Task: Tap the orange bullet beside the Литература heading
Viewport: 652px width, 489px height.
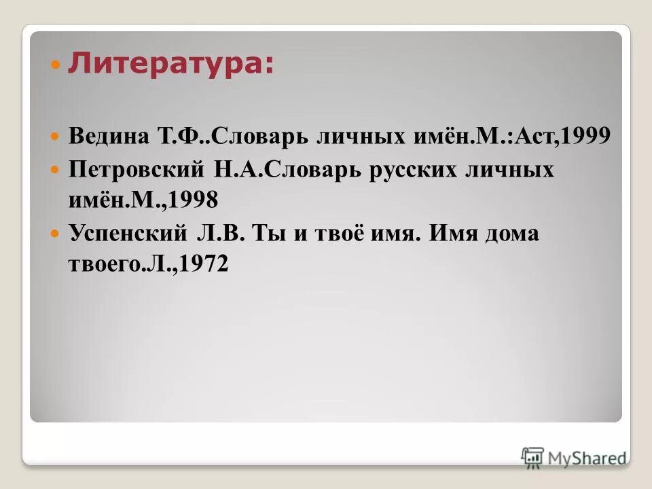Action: (x=56, y=67)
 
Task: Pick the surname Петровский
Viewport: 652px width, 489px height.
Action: (x=128, y=170)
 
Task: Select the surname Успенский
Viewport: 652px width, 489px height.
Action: (x=127, y=233)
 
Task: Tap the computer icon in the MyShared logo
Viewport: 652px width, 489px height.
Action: (x=532, y=456)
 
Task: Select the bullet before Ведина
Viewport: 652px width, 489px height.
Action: (x=56, y=137)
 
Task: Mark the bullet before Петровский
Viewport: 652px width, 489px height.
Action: (x=56, y=170)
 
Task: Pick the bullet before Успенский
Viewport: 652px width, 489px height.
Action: (x=56, y=234)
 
